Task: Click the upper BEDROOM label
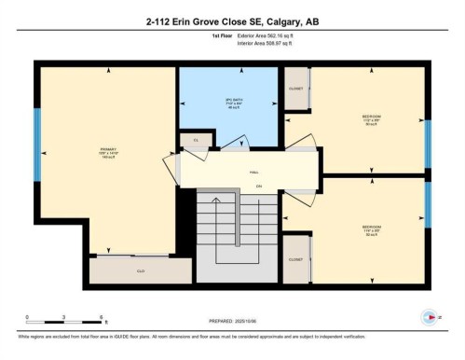(371, 117)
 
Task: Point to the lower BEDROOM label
(371, 227)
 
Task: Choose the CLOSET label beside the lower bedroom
(295, 259)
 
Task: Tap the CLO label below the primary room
(141, 270)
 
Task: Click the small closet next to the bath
(197, 140)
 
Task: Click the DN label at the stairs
(257, 187)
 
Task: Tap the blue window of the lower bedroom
(427, 204)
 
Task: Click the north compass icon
(431, 316)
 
